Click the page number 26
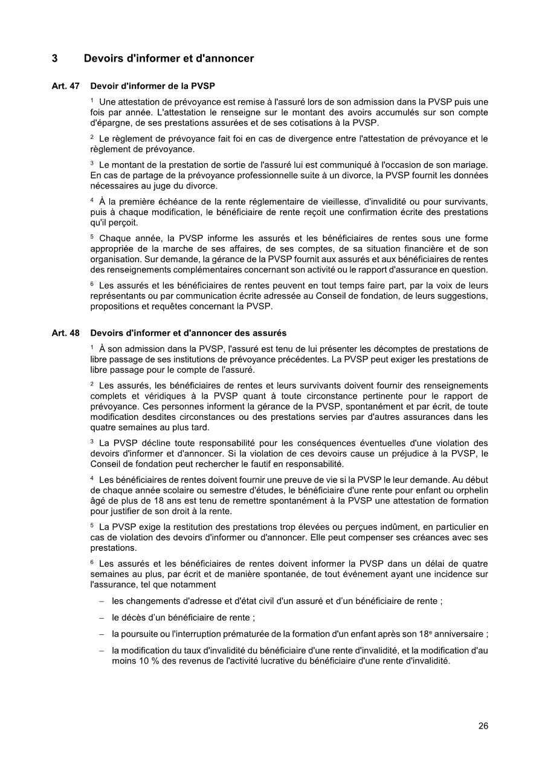point(483,726)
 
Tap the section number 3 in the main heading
point(55,59)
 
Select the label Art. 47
point(65,86)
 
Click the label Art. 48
point(65,333)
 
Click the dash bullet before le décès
point(102,617)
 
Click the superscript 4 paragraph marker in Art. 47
point(92,199)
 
